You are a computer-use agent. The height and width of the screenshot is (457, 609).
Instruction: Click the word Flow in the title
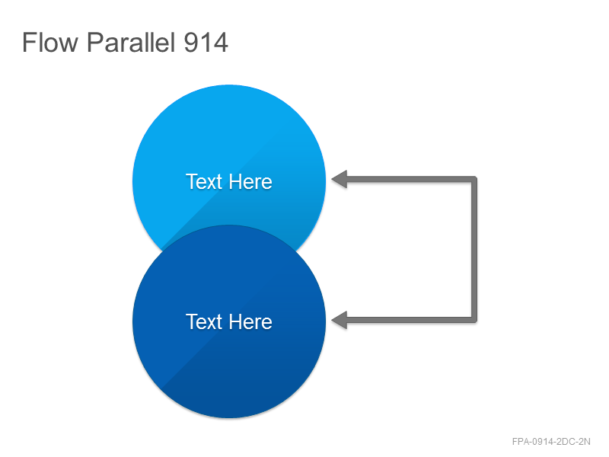pyautogui.click(x=50, y=42)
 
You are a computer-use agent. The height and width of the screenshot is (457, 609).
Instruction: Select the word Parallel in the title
pyautogui.click(x=130, y=42)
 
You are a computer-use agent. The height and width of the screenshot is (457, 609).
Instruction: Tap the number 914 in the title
pyautogui.click(x=206, y=43)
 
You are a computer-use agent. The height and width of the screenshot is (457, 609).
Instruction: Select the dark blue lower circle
pyautogui.click(x=229, y=321)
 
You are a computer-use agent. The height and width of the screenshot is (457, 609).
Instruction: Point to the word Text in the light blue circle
pyautogui.click(x=204, y=181)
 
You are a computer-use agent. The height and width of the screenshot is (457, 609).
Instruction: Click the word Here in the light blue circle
pyautogui.click(x=250, y=181)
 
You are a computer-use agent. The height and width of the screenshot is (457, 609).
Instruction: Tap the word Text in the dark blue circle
pyautogui.click(x=204, y=321)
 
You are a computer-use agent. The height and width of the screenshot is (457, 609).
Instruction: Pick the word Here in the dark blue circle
pyautogui.click(x=250, y=321)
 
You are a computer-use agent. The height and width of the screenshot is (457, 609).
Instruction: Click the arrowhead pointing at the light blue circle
pyautogui.click(x=340, y=179)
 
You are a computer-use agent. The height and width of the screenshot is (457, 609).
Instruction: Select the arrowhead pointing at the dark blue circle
pyautogui.click(x=340, y=320)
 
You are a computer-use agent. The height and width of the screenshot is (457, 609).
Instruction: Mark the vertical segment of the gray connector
pyautogui.click(x=474, y=250)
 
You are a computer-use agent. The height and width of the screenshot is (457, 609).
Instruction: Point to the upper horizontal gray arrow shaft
pyautogui.click(x=409, y=179)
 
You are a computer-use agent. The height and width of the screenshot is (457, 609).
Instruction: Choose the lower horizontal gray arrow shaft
pyautogui.click(x=409, y=320)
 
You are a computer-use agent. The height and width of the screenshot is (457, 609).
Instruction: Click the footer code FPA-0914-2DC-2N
pyautogui.click(x=551, y=442)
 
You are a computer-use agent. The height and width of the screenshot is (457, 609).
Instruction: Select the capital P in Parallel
pyautogui.click(x=94, y=42)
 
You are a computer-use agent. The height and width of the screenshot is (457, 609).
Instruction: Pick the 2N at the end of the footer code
pyautogui.click(x=585, y=442)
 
